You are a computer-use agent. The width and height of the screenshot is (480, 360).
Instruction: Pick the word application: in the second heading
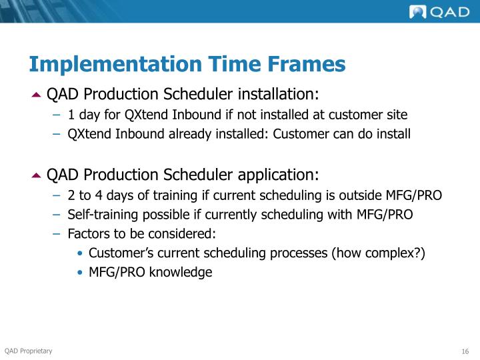tap(278, 175)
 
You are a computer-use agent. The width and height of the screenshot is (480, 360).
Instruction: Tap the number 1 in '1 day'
tap(71, 115)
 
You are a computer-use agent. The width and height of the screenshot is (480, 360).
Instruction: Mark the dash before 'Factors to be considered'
tap(57, 234)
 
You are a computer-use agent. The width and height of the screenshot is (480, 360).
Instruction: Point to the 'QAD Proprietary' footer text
tap(28, 351)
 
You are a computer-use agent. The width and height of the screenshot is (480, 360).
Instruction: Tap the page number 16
tap(465, 352)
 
